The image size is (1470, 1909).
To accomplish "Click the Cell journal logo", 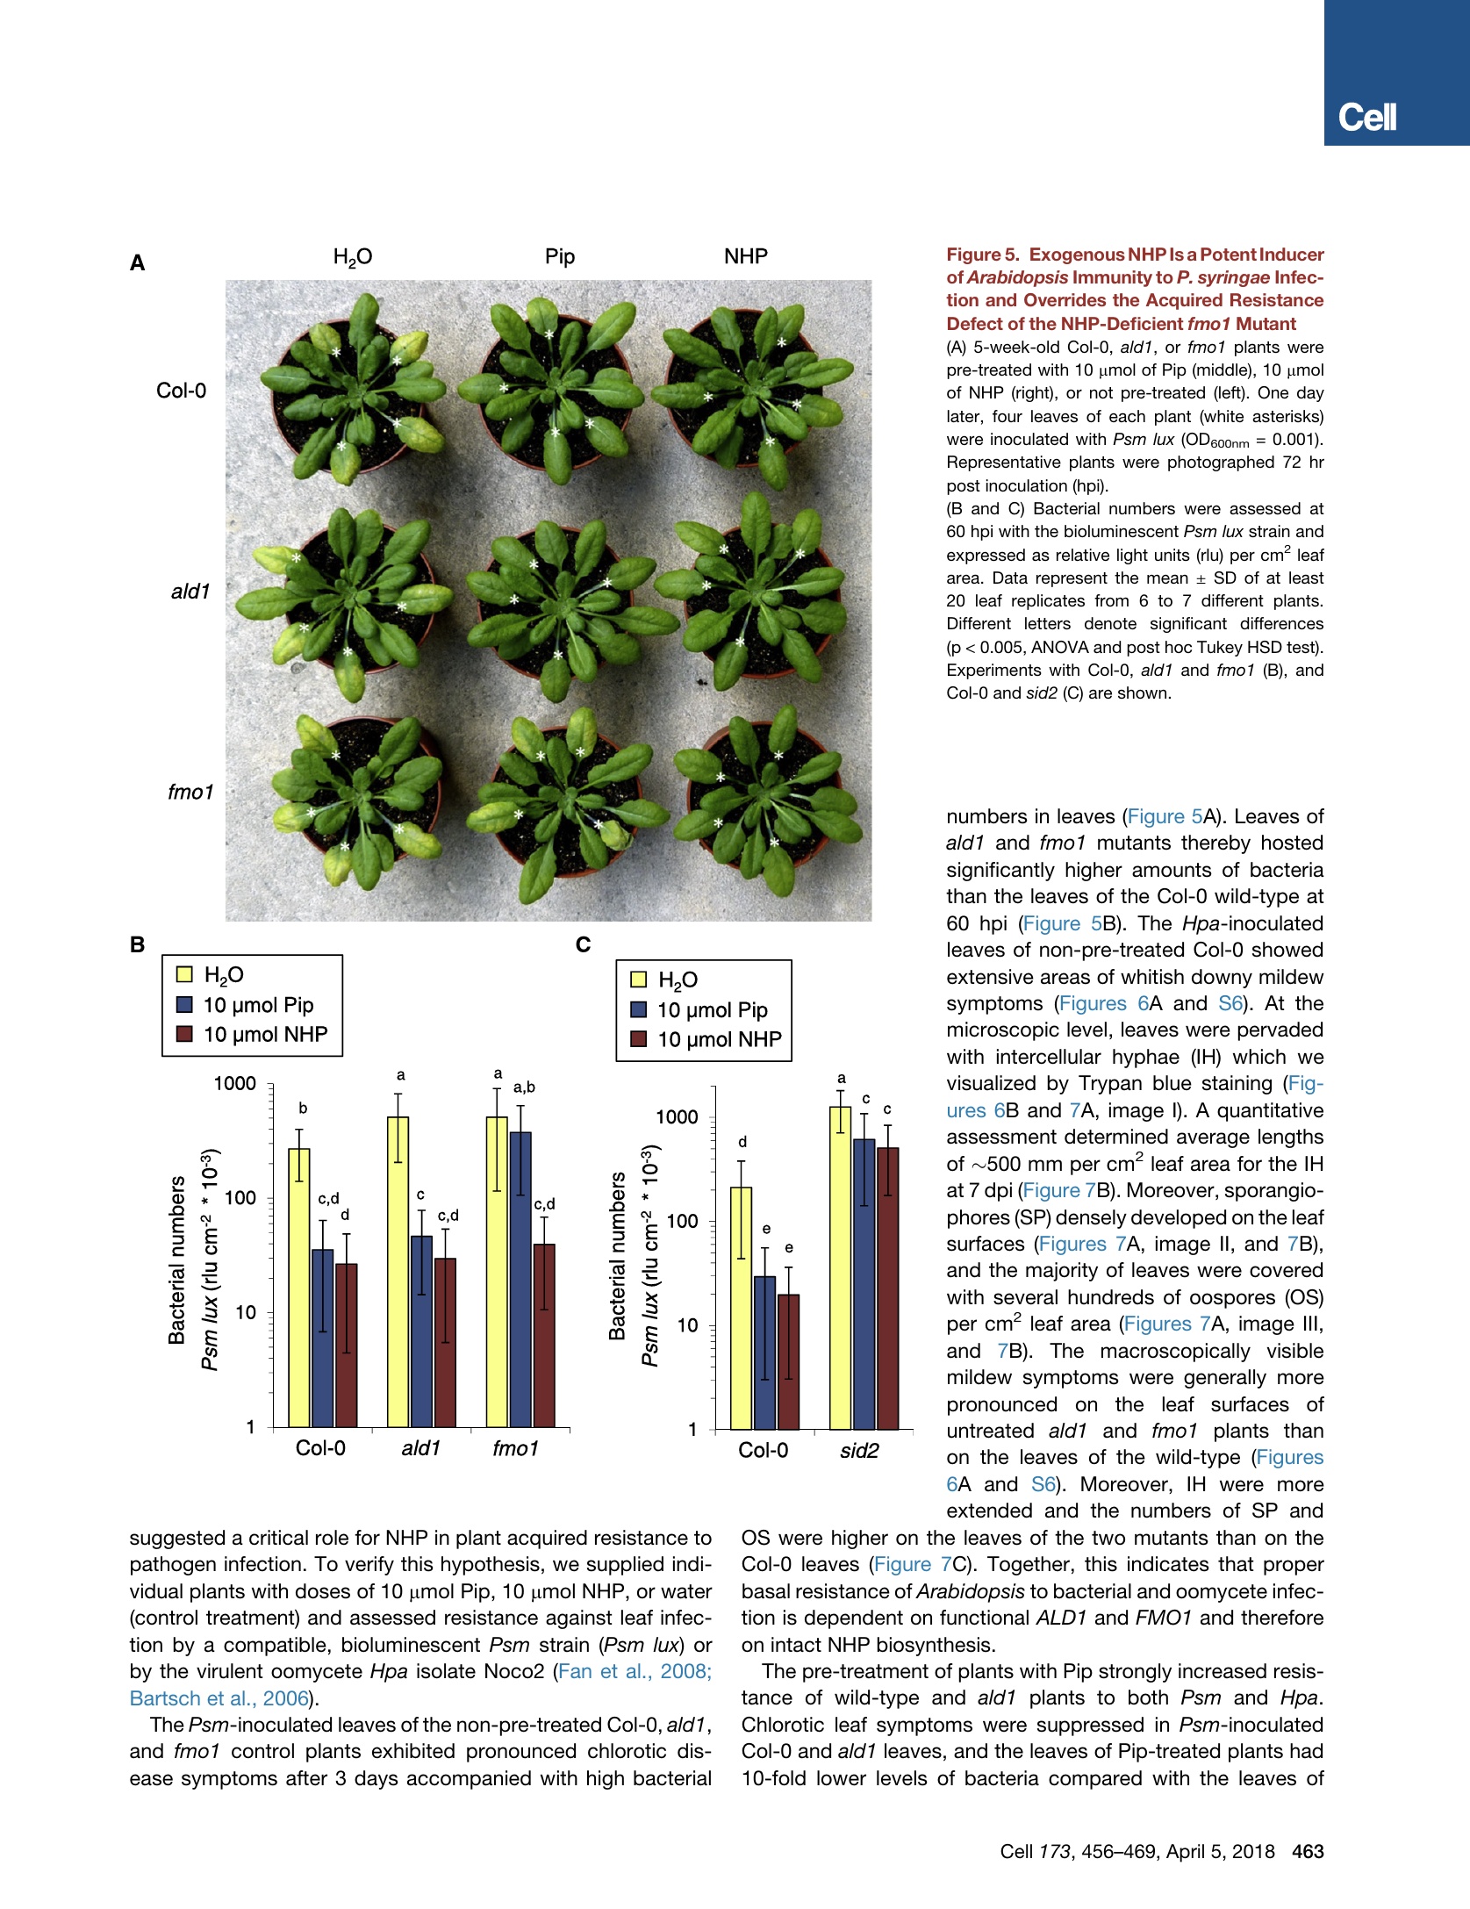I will click(1366, 118).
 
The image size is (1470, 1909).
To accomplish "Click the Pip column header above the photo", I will click(559, 256).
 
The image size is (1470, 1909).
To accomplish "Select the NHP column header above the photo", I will click(745, 256).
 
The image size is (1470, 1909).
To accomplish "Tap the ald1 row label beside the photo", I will click(190, 592).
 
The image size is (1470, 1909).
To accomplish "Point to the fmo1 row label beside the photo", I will click(190, 792).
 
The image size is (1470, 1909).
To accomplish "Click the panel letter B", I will click(137, 944).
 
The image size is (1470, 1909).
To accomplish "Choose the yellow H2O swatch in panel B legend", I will click(184, 974).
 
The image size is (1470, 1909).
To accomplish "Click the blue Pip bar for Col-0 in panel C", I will click(764, 1352).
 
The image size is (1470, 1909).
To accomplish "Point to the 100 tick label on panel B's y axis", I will click(240, 1198).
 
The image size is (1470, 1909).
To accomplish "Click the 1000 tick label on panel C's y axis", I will click(677, 1117).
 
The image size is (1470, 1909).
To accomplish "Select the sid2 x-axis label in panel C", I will click(858, 1450).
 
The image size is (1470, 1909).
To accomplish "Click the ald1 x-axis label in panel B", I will click(420, 1448).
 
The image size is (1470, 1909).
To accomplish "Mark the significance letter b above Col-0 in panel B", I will click(303, 1109).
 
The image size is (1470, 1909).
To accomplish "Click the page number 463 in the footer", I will click(1308, 1851).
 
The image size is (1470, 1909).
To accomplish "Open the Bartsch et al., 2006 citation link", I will click(219, 1698).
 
